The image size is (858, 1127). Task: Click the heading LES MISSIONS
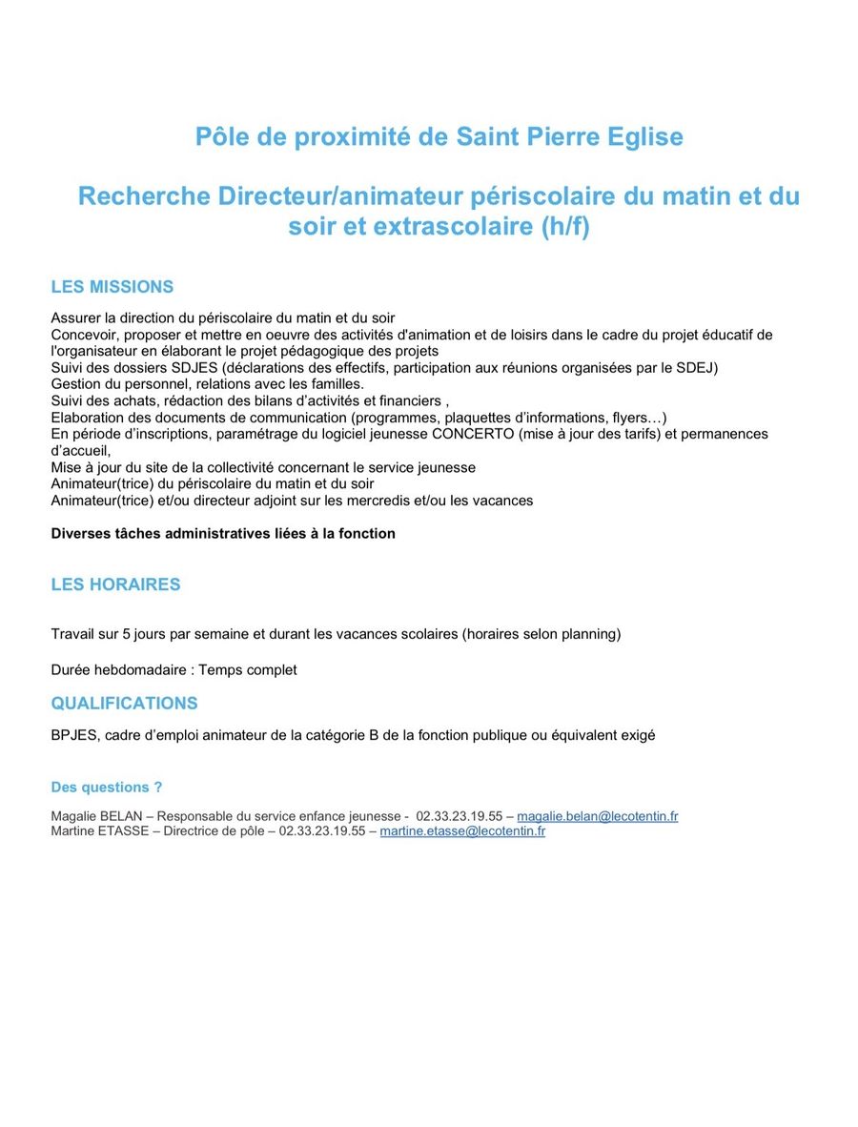click(x=112, y=287)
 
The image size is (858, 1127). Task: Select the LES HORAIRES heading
click(x=115, y=584)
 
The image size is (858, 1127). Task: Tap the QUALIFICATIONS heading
click(x=124, y=704)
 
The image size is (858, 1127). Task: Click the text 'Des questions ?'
click(x=107, y=788)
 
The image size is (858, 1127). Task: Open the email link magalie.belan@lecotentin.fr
click(x=597, y=816)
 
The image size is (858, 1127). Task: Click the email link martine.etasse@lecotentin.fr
click(x=462, y=831)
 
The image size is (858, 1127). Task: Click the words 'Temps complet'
click(x=252, y=670)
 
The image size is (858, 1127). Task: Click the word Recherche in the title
click(x=144, y=196)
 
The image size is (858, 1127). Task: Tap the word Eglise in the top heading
click(x=644, y=137)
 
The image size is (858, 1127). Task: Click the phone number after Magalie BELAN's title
click(x=459, y=816)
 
